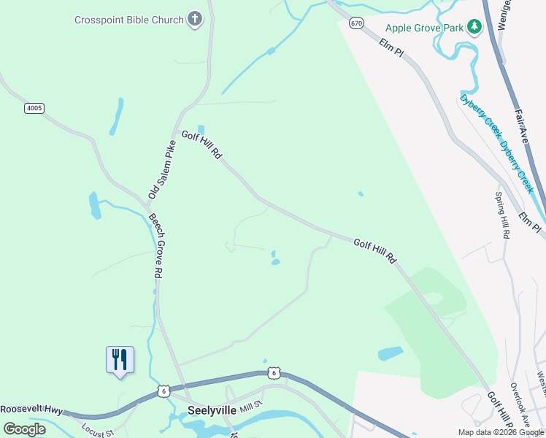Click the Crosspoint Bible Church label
(128, 20)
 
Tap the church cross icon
(194, 19)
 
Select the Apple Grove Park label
(424, 28)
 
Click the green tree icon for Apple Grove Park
(474, 27)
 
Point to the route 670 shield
(356, 23)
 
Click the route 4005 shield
(34, 108)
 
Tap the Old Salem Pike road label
(162, 170)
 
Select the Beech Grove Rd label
(155, 245)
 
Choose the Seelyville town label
(212, 410)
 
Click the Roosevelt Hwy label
(32, 410)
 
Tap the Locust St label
(99, 431)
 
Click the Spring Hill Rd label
(501, 216)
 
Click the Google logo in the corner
(24, 429)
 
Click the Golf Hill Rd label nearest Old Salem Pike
(201, 145)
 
